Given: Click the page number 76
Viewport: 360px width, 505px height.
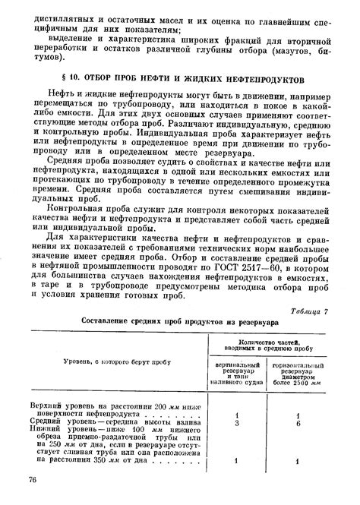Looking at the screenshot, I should (x=33, y=480).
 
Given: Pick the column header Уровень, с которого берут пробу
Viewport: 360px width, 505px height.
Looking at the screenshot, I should (x=111, y=363).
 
